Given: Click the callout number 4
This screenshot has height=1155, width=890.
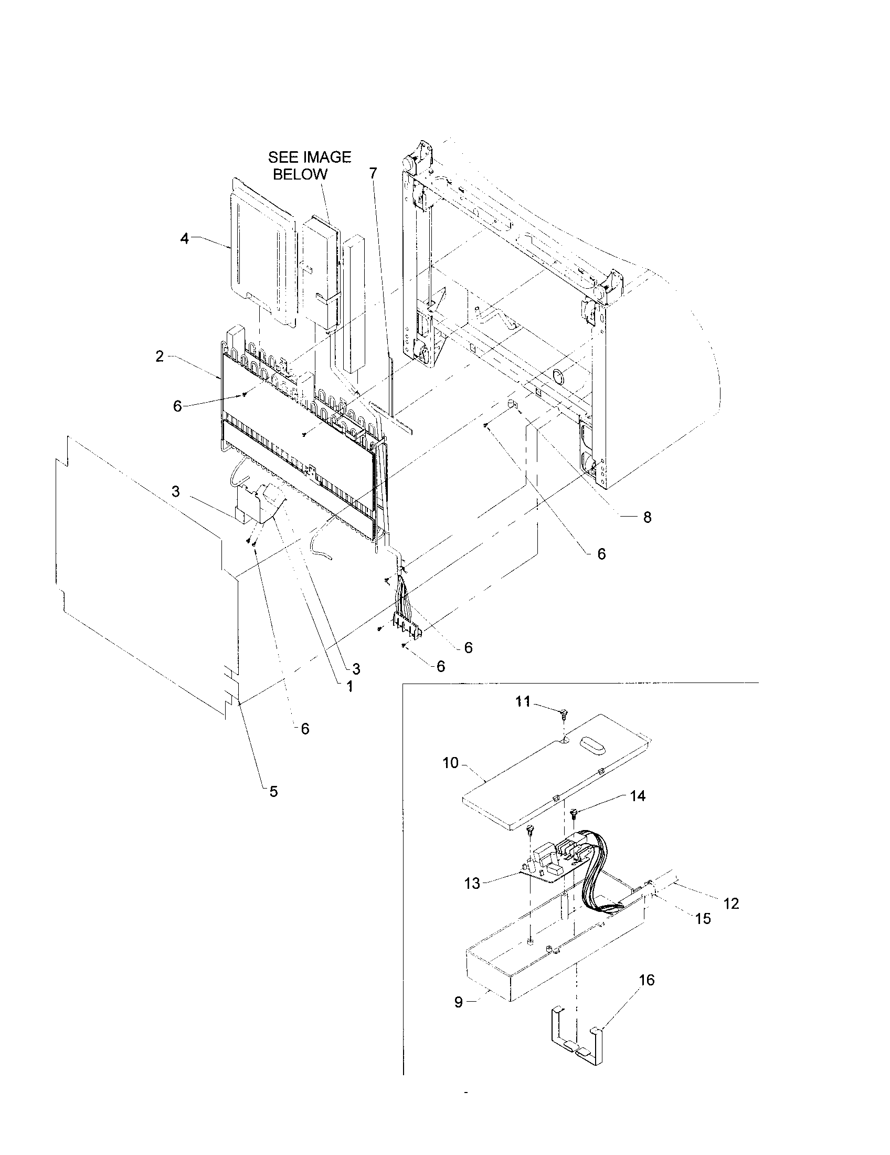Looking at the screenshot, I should pyautogui.click(x=184, y=239).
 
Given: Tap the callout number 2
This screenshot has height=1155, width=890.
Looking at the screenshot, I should pyautogui.click(x=160, y=356).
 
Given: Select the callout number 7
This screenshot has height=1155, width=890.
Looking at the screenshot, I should pyautogui.click(x=373, y=173).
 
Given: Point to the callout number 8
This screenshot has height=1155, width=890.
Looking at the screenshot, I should pyautogui.click(x=647, y=517).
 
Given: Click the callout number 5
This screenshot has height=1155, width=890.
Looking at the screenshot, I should pyautogui.click(x=273, y=806).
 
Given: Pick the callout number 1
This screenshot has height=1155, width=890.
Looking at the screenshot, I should pyautogui.click(x=349, y=687).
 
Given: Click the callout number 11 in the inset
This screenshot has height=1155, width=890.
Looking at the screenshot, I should pyautogui.click(x=523, y=701).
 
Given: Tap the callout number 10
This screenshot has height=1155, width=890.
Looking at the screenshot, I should pyautogui.click(x=450, y=763).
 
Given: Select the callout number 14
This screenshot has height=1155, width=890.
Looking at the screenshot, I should pyautogui.click(x=638, y=811).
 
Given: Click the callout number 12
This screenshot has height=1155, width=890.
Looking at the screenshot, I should pyautogui.click(x=731, y=904).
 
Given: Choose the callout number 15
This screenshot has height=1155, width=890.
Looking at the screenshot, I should pyautogui.click(x=703, y=919).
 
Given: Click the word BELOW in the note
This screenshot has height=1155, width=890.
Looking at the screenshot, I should pyautogui.click(x=300, y=174).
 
